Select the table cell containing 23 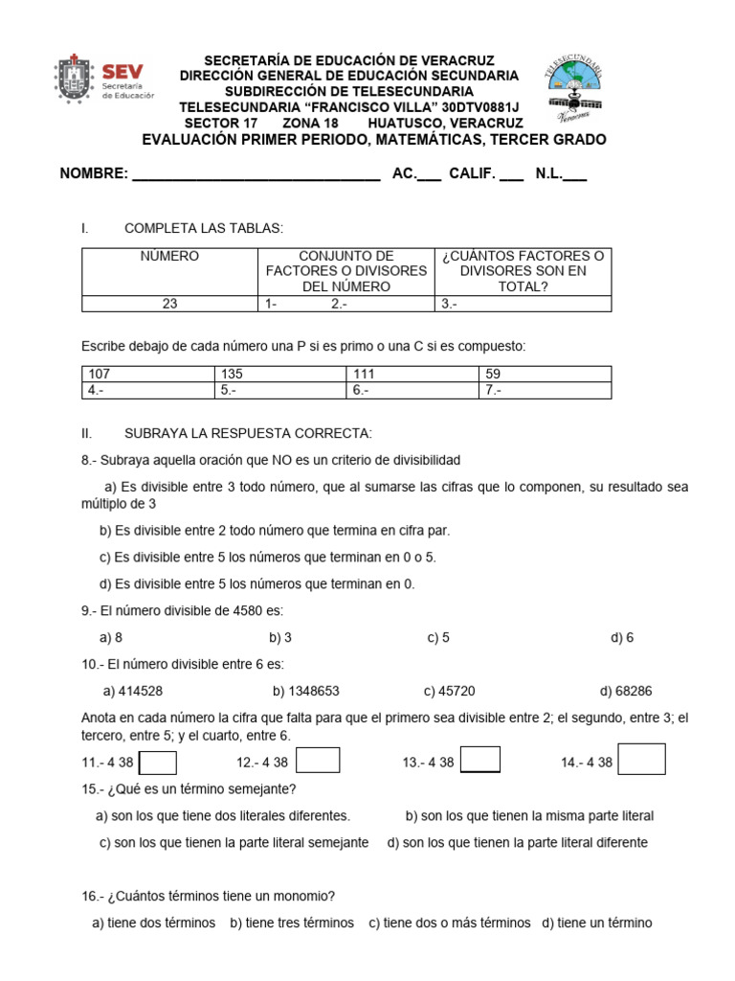click(169, 304)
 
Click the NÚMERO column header click(169, 257)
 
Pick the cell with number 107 click(148, 374)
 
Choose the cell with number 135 click(280, 374)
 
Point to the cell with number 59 click(545, 374)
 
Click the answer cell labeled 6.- click(412, 390)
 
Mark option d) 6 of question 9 click(621, 637)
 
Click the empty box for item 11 click(158, 762)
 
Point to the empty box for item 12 click(318, 760)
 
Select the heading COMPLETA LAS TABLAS click(204, 228)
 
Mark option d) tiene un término click(596, 923)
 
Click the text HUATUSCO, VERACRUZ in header click(445, 124)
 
